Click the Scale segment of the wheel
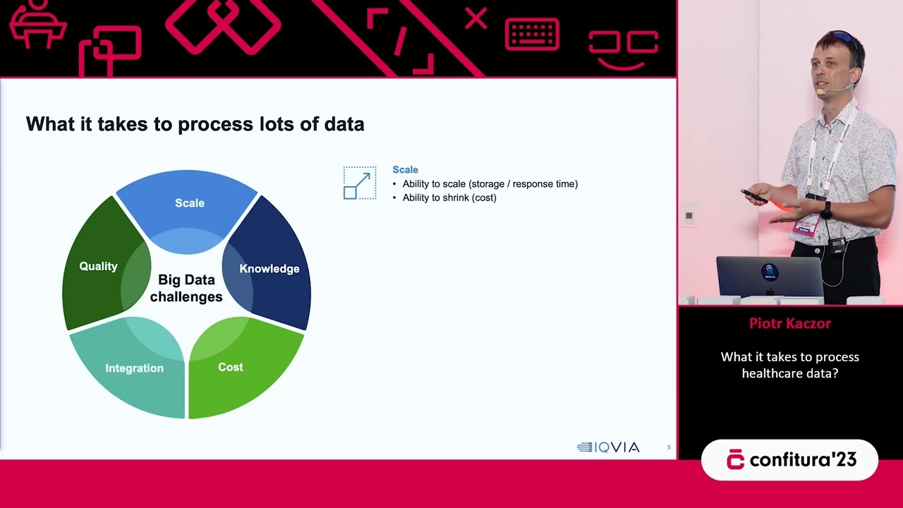tap(189, 203)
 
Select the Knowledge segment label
tap(269, 269)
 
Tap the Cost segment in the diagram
tap(231, 367)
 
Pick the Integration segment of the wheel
tap(134, 368)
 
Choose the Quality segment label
tap(98, 266)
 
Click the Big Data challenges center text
tap(186, 289)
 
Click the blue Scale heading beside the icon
tap(405, 169)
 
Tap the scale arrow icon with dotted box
tap(359, 183)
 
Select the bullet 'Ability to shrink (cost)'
tap(449, 198)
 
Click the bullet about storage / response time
tap(490, 183)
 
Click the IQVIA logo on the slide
tap(608, 447)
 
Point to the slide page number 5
tap(669, 447)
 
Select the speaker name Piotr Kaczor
tap(789, 324)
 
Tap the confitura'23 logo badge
tap(789, 460)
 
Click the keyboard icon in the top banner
tap(532, 35)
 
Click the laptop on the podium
tap(769, 277)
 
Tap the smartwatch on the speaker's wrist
tap(826, 210)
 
